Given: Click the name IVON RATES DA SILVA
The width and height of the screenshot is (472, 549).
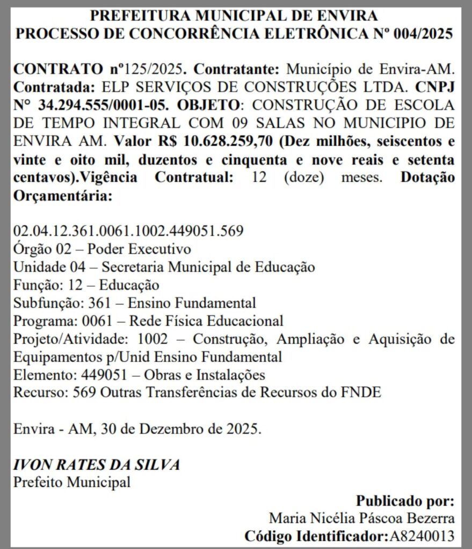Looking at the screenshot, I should point(97,464).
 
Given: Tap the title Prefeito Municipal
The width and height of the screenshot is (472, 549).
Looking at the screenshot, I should point(72,482).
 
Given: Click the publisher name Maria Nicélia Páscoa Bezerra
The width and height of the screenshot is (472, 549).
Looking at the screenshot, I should point(362,518).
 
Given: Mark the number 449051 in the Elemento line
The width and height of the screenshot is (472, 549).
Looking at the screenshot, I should point(103,374).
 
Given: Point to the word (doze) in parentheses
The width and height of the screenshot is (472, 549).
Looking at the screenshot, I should point(303,177).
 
